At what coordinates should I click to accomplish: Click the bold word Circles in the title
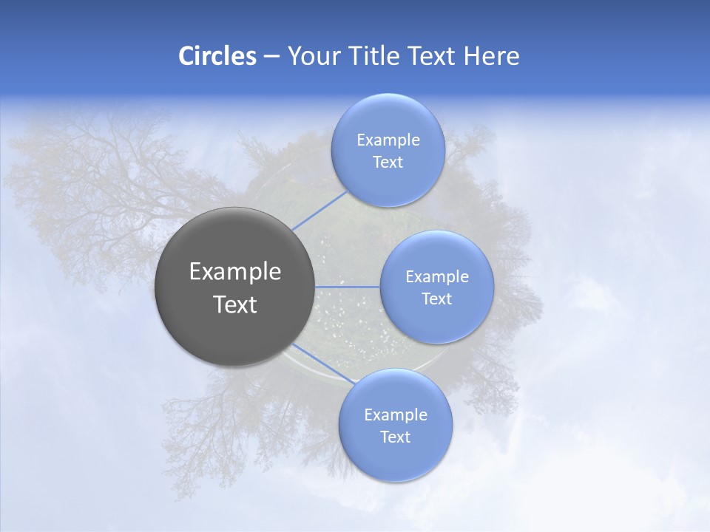[x=217, y=56]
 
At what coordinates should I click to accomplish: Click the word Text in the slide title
[x=433, y=56]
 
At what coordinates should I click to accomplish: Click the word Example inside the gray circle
[x=235, y=272]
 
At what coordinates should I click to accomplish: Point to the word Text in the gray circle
[x=235, y=304]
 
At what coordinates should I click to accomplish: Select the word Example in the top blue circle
[x=388, y=140]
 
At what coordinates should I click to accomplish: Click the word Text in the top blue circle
[x=388, y=163]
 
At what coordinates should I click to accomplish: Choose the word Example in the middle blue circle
[x=436, y=277]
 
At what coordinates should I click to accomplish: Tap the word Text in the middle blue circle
[x=436, y=299]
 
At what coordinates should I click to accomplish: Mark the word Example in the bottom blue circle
[x=395, y=415]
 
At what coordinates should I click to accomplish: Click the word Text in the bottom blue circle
[x=395, y=437]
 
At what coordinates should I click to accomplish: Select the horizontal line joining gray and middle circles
[x=348, y=286]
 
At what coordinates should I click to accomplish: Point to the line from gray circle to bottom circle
[x=324, y=365]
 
